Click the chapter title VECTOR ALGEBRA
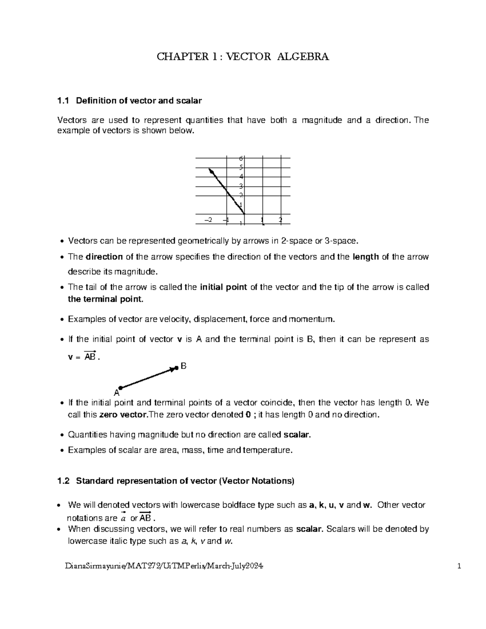[243, 57]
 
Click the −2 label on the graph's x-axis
[208, 220]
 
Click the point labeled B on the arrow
[177, 368]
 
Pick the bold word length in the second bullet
[367, 257]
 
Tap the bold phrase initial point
[224, 288]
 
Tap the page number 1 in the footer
[459, 566]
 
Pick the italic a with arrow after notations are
[124, 518]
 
